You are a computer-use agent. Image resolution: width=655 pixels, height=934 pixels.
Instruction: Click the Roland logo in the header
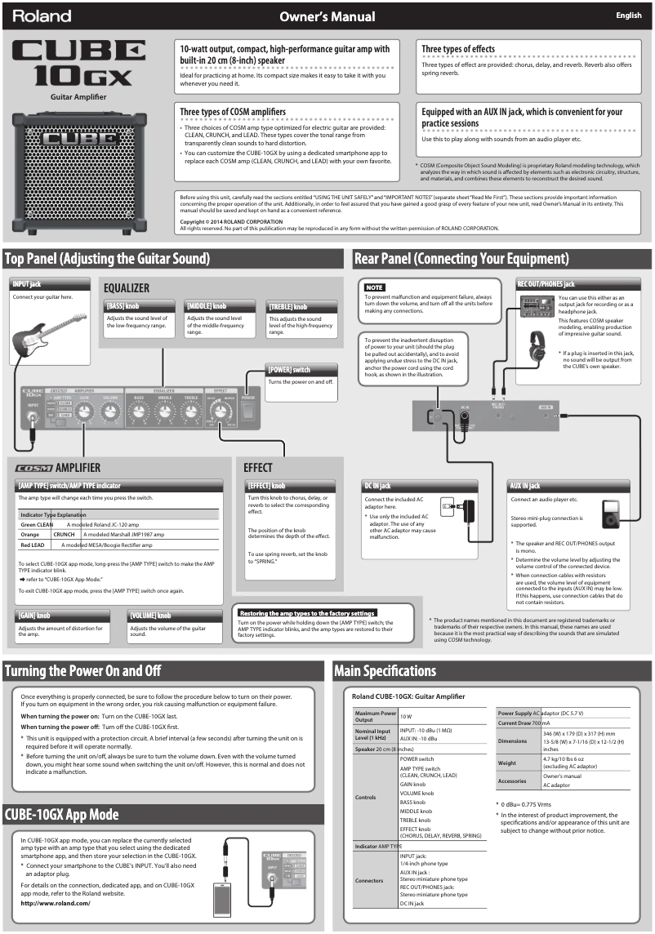click(x=42, y=16)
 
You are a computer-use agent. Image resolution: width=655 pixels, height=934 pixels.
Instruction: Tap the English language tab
click(x=628, y=16)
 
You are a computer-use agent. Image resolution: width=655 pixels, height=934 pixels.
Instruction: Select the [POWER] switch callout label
click(x=289, y=370)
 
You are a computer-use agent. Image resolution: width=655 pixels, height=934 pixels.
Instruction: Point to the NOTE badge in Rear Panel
click(x=374, y=287)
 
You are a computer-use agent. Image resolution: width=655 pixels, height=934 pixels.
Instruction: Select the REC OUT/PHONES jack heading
click(x=546, y=284)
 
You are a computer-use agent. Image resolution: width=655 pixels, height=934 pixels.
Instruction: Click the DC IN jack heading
click(x=377, y=486)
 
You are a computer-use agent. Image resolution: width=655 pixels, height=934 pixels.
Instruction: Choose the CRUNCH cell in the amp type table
click(x=64, y=534)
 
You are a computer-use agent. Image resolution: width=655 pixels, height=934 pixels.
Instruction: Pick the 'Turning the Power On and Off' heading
click(x=82, y=671)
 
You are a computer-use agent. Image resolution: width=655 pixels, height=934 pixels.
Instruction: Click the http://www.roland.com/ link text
click(x=56, y=903)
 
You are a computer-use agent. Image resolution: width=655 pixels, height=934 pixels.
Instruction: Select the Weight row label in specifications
click(x=506, y=763)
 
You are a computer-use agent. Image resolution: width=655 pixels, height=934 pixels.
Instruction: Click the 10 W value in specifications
click(x=407, y=715)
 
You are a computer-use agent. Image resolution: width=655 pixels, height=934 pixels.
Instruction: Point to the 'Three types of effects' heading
click(x=458, y=49)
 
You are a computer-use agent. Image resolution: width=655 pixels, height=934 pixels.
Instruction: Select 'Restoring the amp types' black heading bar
click(x=307, y=612)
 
